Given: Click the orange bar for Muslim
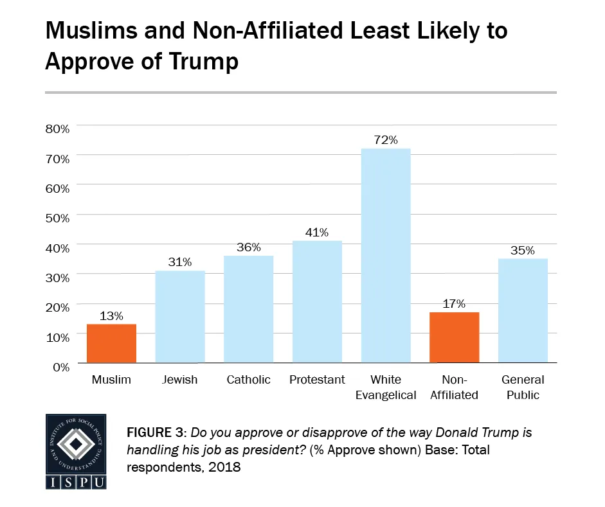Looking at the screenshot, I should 111,343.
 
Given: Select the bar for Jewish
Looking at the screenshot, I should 180,316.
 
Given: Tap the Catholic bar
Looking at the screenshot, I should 248,309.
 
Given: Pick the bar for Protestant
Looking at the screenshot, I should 317,301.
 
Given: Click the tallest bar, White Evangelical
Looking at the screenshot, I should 386,256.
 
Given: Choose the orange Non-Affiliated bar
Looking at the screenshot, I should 454,337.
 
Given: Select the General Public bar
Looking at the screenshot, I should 523,310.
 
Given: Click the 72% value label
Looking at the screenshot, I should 386,139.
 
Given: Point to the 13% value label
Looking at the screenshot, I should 111,316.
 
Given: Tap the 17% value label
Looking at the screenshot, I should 454,303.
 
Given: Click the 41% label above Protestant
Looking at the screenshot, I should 317,232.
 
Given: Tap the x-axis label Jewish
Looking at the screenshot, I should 180,380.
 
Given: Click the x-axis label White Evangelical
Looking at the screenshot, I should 386,387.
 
